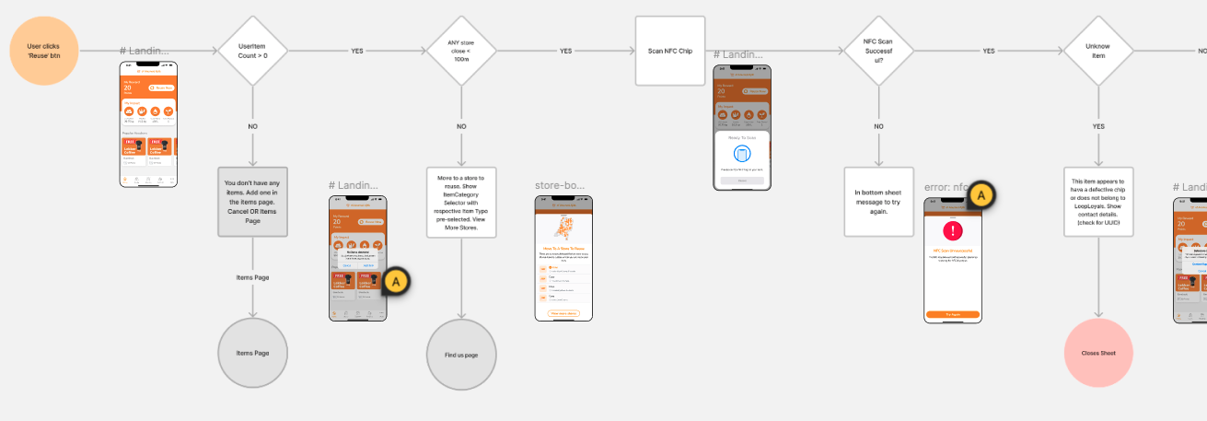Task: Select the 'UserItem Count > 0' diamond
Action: pyautogui.click(x=252, y=52)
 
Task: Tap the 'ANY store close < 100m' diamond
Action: pyautogui.click(x=460, y=52)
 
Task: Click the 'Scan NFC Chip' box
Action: pyautogui.click(x=670, y=52)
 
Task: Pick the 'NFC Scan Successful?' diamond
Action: pyautogui.click(x=878, y=52)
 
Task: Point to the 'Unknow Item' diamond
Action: pyautogui.click(x=1097, y=52)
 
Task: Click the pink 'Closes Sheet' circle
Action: pyautogui.click(x=1097, y=353)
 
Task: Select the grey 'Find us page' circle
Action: pyautogui.click(x=460, y=354)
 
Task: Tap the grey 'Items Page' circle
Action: pyautogui.click(x=252, y=353)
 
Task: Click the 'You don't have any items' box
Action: pyautogui.click(x=252, y=201)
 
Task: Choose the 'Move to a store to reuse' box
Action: pyautogui.click(x=460, y=202)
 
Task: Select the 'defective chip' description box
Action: pyautogui.click(x=1097, y=202)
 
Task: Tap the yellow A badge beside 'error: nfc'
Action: pyautogui.click(x=981, y=195)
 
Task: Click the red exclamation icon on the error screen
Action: pyautogui.click(x=952, y=229)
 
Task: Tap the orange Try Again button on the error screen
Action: pyautogui.click(x=952, y=314)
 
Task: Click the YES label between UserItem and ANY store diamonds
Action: pyautogui.click(x=357, y=52)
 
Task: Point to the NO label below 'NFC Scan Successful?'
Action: pyautogui.click(x=878, y=125)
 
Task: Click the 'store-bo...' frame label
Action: pyautogui.click(x=560, y=185)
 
